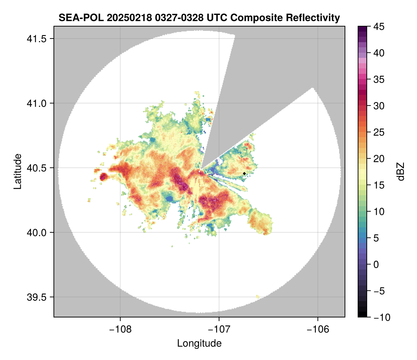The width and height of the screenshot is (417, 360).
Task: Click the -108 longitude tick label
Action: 120,329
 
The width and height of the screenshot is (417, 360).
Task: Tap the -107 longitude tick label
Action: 219,329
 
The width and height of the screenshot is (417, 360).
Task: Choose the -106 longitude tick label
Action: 318,329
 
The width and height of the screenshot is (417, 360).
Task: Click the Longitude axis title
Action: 199,343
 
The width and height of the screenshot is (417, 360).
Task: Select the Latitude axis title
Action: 17,171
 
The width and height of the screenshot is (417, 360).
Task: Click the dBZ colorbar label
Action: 401,172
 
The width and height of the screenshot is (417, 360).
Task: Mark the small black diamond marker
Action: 244,173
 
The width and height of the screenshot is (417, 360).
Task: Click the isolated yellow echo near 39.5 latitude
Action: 258,297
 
